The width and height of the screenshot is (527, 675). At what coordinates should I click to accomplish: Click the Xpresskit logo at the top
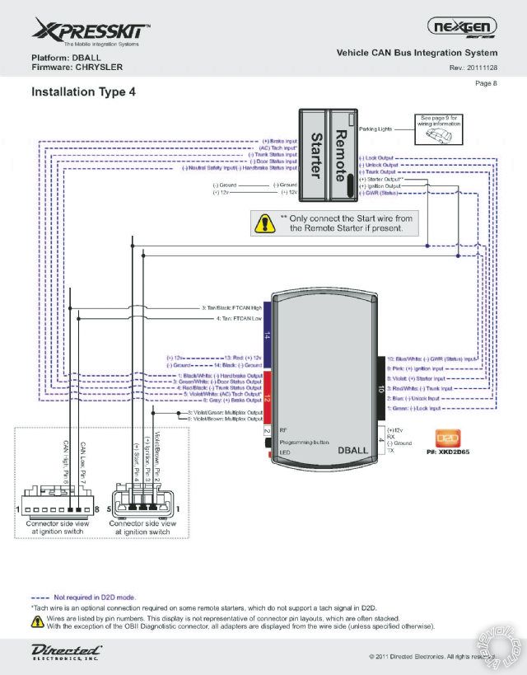pos(91,33)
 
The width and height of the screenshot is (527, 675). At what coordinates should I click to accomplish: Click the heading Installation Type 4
pos(83,92)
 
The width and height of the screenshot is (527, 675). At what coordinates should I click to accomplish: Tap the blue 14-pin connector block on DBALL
pos(267,335)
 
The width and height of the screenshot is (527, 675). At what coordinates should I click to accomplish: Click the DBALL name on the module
pos(353,451)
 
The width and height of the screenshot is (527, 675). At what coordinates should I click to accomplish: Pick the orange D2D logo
pos(444,438)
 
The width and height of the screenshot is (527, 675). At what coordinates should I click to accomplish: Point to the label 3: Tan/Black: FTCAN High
pos(236,308)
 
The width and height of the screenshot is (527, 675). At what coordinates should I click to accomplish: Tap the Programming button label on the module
pos(305,441)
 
